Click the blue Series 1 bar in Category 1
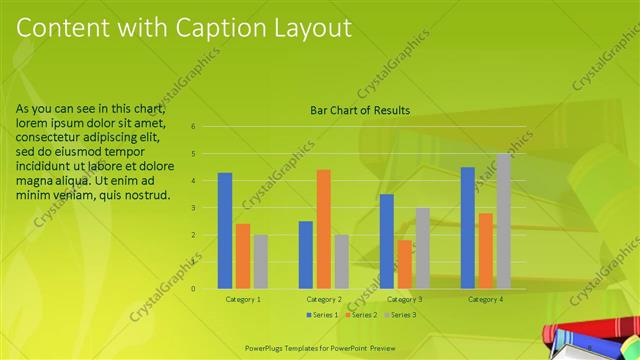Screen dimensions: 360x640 [225, 231]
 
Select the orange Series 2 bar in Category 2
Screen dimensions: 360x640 [324, 229]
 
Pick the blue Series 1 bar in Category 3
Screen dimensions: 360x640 [387, 241]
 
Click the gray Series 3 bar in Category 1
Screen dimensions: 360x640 [261, 262]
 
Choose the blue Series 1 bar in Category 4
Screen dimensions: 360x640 [468, 228]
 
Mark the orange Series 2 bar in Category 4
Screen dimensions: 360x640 [485, 251]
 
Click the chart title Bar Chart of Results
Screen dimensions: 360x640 [360, 110]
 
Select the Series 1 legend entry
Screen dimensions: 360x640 [322, 315]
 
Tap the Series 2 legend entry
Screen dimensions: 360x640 [361, 315]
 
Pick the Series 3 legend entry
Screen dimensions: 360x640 [400, 315]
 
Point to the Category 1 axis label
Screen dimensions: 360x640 [243, 299]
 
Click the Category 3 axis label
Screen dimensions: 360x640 [405, 299]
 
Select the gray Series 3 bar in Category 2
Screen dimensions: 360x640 [342, 262]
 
